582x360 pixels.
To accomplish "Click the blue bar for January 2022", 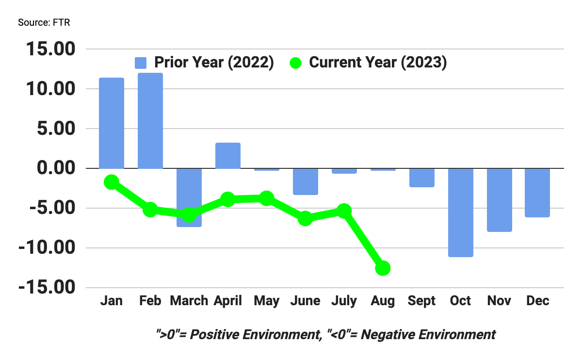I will coord(111,123).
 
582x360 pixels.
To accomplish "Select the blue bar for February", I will coord(150,121).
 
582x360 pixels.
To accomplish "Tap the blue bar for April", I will coord(227,156).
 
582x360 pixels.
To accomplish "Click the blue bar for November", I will coord(499,200).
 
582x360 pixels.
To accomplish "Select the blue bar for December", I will coord(538,193).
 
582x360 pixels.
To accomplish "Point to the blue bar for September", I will coord(421,178).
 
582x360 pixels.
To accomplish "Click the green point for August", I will coord(383,268).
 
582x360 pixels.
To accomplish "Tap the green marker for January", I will coord(111,182).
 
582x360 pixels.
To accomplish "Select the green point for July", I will coord(344,211).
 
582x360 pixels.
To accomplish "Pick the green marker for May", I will coord(266,198).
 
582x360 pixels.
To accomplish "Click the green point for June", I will coord(305,218).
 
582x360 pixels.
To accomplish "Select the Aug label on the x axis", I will coord(383,301).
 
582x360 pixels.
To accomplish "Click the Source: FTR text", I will coord(44,23).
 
